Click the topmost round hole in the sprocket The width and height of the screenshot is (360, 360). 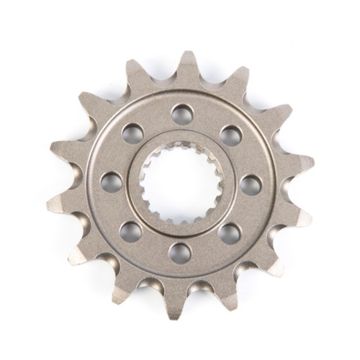[181, 113]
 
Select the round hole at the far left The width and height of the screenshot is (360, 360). [111, 181]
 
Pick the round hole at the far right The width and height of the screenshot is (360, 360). [250, 184]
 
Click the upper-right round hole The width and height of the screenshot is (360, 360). [230, 135]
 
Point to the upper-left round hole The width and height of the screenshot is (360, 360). [132, 132]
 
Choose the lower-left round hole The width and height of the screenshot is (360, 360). [130, 231]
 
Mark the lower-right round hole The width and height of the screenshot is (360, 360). [228, 233]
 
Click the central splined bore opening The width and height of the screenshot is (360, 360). [180, 183]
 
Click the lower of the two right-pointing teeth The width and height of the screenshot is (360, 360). [298, 216]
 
